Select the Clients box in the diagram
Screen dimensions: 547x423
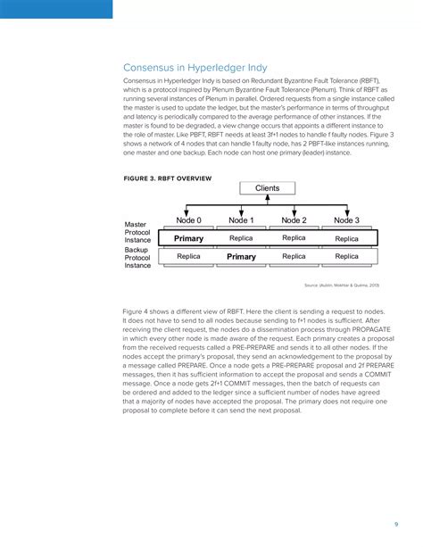[x=267, y=188]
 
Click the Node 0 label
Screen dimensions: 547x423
[x=188, y=220]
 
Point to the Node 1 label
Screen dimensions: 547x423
[x=241, y=220]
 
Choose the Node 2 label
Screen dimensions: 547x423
[x=294, y=220]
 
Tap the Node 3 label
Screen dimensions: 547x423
[x=346, y=220]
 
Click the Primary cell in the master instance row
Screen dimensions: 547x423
[x=188, y=238]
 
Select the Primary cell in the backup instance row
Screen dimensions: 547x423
[x=241, y=257]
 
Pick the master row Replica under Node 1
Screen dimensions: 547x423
[x=241, y=238]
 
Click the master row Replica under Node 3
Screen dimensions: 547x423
[x=346, y=238]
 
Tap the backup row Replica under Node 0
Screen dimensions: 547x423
[x=188, y=257]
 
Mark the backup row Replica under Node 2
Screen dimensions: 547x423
[x=294, y=257]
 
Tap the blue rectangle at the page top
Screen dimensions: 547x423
[x=56, y=9]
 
